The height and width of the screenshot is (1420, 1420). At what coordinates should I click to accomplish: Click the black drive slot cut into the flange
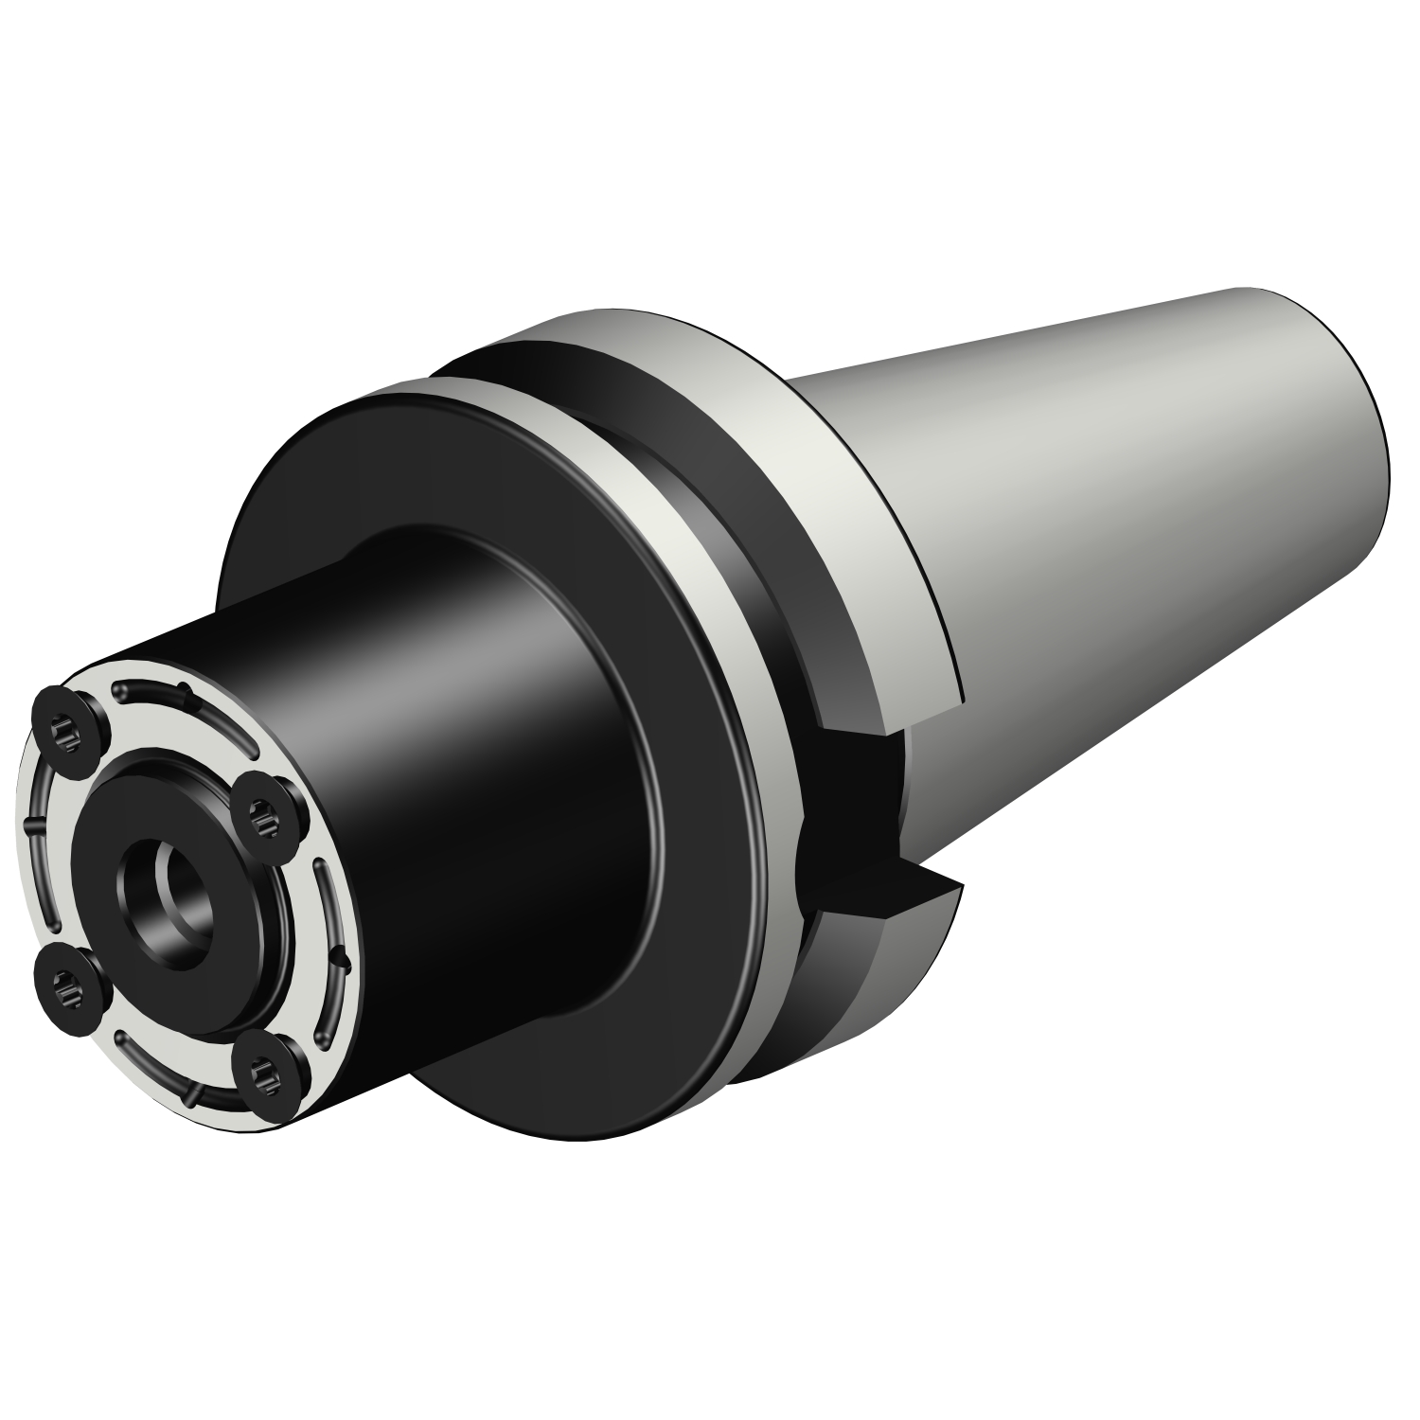(852, 805)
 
